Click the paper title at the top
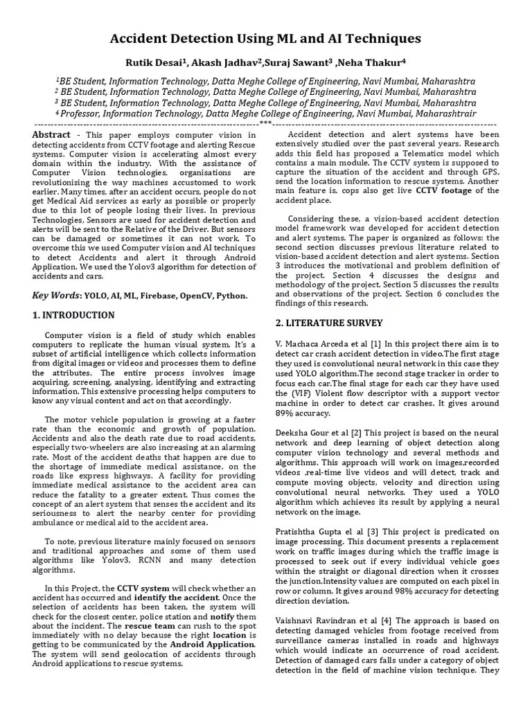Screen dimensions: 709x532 click(x=265, y=39)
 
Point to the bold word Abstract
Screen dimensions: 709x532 click(x=52, y=135)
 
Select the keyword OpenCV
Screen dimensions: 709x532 click(x=197, y=296)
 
